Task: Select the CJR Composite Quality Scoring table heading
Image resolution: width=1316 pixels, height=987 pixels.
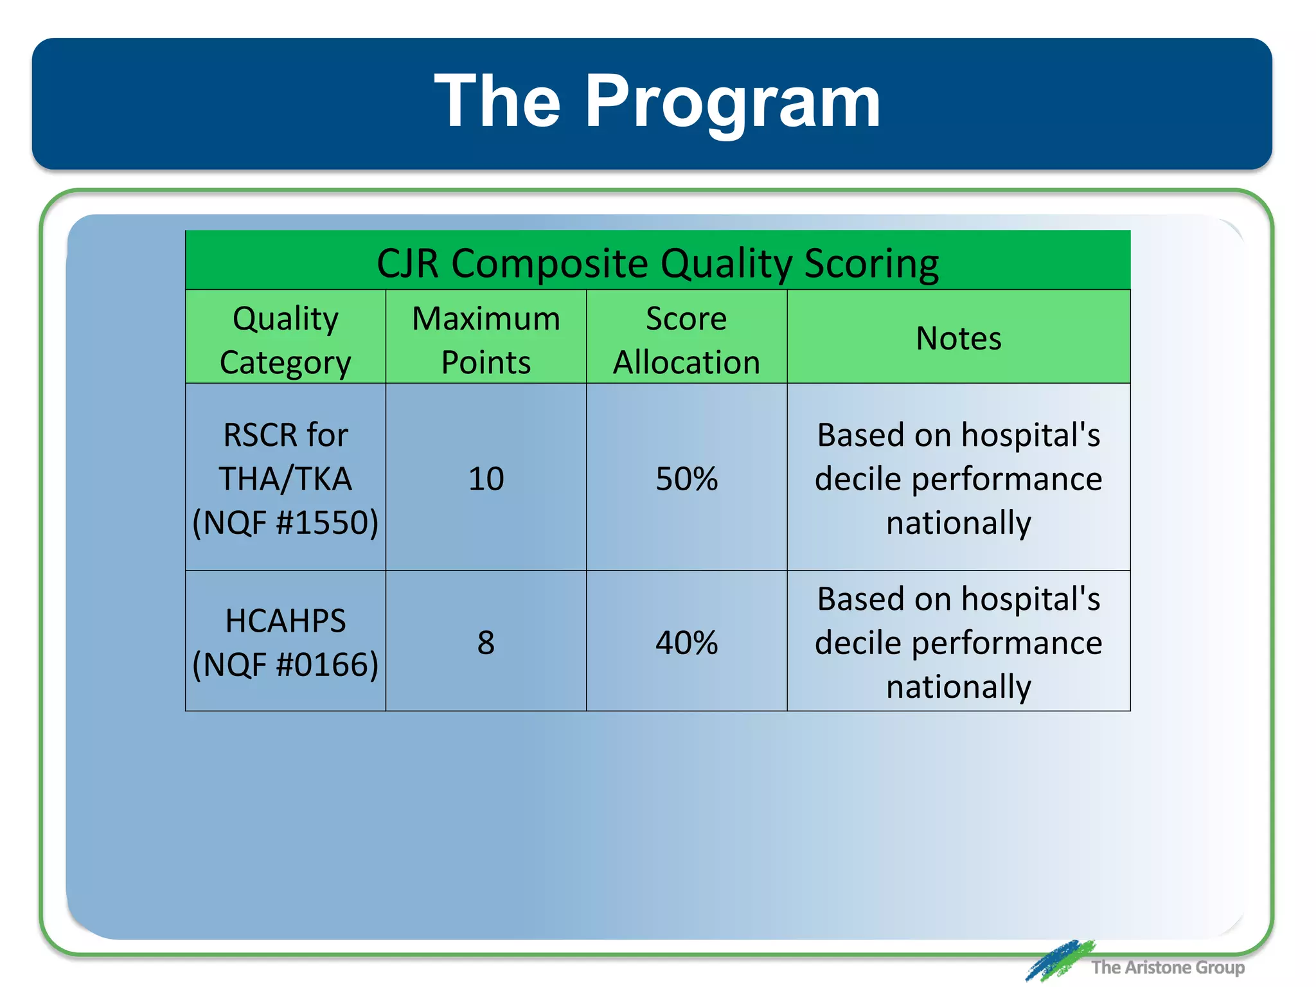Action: tap(657, 263)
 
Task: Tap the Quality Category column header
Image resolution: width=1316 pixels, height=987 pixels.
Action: tap(285, 340)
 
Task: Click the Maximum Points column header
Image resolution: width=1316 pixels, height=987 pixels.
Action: tap(486, 340)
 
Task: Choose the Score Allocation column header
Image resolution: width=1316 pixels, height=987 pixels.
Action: tap(686, 340)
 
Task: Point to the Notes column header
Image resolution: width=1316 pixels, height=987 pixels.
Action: tap(958, 338)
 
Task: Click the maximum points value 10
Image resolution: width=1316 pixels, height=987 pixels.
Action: tap(486, 479)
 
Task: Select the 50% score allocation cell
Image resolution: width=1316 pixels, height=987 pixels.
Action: tap(686, 479)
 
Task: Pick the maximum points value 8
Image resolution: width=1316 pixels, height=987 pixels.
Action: tap(486, 643)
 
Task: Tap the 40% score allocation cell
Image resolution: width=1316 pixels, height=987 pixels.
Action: tap(686, 643)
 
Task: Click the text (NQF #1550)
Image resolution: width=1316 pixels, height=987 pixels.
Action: tap(285, 522)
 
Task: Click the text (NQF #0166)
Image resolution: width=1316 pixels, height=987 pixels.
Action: tap(285, 664)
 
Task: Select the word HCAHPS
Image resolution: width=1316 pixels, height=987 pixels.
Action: tap(285, 621)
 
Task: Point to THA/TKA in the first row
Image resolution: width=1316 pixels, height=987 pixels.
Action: tap(285, 479)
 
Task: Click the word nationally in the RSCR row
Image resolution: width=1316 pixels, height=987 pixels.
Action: tap(958, 522)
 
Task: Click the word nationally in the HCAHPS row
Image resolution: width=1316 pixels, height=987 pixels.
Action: tap(958, 686)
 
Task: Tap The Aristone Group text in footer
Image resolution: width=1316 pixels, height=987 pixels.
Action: tap(1168, 967)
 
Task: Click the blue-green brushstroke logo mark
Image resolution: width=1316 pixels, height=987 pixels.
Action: tap(1059, 960)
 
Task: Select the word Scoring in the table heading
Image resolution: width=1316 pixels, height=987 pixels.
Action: tap(871, 263)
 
